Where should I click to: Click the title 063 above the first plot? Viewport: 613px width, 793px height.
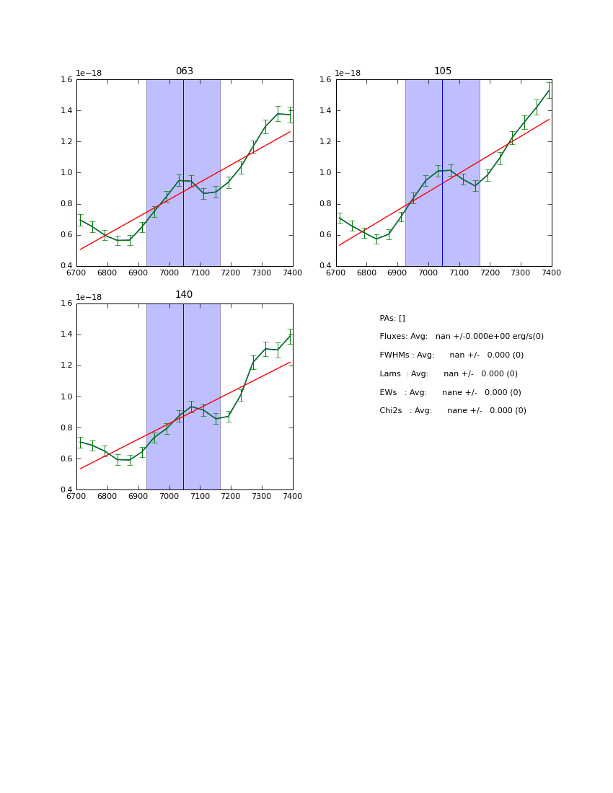(185, 71)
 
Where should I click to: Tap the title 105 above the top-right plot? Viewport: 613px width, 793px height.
(443, 71)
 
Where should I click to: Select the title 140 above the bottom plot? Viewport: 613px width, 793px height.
(184, 295)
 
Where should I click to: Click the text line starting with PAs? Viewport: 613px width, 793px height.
(392, 318)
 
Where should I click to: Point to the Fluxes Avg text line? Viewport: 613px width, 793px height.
(462, 337)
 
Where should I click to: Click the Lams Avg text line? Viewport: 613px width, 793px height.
(449, 374)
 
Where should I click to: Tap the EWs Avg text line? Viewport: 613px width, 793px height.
(450, 393)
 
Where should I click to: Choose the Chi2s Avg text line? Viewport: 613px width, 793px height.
(453, 411)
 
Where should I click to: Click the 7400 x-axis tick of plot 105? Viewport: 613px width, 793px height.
(552, 273)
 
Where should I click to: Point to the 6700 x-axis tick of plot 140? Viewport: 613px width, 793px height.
(76, 496)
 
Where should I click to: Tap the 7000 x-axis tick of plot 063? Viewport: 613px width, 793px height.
(169, 273)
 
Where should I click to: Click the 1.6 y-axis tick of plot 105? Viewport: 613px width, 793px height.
(326, 80)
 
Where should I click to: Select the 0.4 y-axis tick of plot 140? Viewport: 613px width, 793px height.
(66, 490)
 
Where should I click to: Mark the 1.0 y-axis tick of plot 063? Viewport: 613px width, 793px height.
(66, 173)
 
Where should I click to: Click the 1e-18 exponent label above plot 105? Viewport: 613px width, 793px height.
(348, 73)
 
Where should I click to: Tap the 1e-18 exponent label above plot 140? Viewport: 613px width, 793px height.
(89, 297)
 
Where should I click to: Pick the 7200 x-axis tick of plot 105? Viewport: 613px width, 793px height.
(490, 273)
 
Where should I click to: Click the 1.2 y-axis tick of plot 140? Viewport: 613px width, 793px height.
(66, 366)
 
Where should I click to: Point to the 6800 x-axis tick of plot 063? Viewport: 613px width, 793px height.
(107, 273)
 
